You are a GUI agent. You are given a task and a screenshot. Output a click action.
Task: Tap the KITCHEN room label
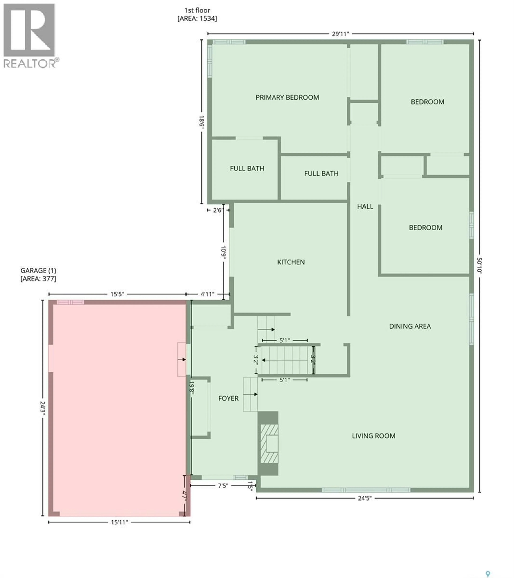tap(291, 262)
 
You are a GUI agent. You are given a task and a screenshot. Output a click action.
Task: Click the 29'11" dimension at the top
tap(340, 34)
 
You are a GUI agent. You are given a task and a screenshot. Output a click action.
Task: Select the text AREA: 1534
tap(197, 19)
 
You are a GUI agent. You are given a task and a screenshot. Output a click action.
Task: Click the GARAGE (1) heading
tap(38, 271)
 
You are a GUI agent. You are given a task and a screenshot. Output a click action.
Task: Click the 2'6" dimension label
tap(218, 210)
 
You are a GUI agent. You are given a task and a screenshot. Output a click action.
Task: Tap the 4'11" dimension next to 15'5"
tap(207, 294)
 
